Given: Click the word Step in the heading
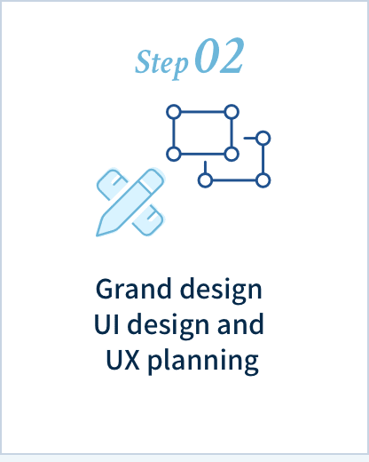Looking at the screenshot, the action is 161,64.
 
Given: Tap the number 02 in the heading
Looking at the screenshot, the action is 219,56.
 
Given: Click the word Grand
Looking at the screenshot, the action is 134,289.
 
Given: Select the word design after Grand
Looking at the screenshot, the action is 221,291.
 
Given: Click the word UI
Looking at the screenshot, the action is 106,324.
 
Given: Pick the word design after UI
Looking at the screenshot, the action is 169,326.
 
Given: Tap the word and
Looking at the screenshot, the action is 240,323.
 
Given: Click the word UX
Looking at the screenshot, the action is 122,360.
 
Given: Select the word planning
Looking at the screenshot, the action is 203,362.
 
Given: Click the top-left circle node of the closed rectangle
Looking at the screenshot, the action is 174,112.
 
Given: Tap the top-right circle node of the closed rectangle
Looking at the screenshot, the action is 232,112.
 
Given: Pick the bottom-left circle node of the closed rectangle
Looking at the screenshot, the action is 174,154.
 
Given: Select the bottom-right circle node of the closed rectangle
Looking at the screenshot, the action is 232,154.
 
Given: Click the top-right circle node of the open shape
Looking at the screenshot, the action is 263,139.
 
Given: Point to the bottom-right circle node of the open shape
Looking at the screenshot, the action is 263,180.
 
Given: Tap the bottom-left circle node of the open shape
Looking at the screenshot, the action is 205,180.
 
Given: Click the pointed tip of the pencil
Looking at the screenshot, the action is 98,235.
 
